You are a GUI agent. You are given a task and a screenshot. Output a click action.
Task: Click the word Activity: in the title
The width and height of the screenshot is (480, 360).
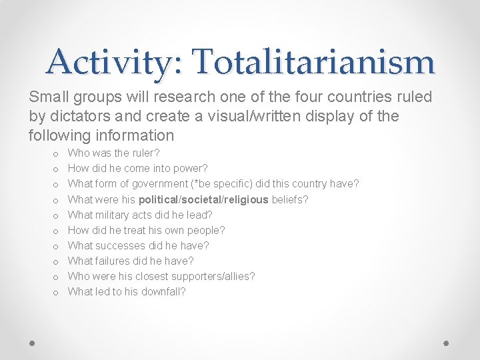(117, 62)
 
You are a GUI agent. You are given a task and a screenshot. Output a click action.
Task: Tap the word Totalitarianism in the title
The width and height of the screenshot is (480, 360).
(315, 62)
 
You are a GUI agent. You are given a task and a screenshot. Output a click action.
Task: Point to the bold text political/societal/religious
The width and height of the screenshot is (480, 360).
(203, 199)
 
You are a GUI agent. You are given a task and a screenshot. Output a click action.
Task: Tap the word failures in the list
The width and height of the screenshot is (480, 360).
(115, 261)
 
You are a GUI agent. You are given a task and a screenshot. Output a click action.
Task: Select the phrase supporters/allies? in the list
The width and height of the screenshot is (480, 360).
(213, 276)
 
